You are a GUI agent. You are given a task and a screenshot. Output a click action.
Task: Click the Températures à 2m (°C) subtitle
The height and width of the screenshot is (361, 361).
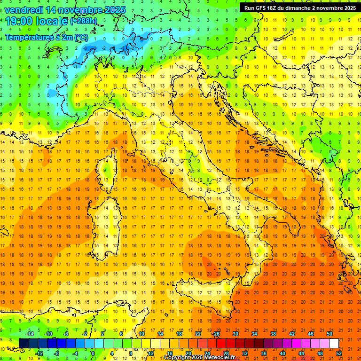coord(46,37)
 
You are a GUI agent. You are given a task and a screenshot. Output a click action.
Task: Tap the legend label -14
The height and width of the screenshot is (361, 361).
coord(30,334)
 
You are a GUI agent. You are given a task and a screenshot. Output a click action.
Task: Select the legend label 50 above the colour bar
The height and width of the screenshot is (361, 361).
coord(330,334)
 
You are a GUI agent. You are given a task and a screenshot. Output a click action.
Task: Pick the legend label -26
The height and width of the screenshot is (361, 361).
coord(216,334)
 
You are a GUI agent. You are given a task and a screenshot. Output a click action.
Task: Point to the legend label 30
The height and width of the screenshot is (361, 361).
coord(235,334)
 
